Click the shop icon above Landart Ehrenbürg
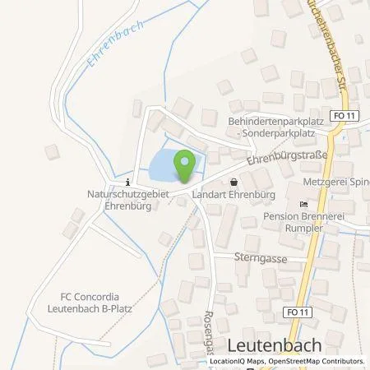coord(234,183)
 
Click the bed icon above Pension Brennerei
coord(303,204)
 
